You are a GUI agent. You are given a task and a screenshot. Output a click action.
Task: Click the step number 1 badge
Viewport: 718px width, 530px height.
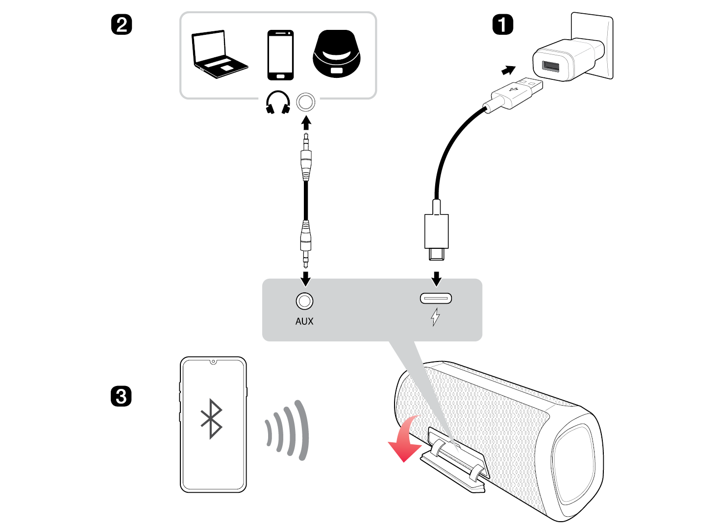pyautogui.click(x=502, y=24)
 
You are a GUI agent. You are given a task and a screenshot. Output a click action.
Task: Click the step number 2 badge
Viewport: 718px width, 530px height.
pyautogui.click(x=122, y=24)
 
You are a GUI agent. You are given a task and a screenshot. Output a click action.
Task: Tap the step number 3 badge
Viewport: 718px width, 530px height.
pyautogui.click(x=121, y=396)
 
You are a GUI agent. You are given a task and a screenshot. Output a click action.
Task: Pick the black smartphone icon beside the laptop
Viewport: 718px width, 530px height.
pyautogui.click(x=280, y=55)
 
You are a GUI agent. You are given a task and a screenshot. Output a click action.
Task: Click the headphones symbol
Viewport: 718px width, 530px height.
pyautogui.click(x=278, y=102)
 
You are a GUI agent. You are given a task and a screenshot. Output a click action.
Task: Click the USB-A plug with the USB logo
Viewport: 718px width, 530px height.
pyautogui.click(x=517, y=93)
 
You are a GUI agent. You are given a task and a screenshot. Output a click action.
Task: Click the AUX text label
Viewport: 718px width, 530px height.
pyautogui.click(x=304, y=321)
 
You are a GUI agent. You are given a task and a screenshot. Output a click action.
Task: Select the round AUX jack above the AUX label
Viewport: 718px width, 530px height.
pyautogui.click(x=304, y=301)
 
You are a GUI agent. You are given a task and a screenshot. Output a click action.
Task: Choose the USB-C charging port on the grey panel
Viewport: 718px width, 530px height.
pyautogui.click(x=436, y=298)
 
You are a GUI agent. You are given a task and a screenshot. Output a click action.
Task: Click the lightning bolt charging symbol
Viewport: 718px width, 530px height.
pyautogui.click(x=435, y=317)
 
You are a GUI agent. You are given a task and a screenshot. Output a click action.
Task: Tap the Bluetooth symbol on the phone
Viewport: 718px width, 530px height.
pyautogui.click(x=212, y=419)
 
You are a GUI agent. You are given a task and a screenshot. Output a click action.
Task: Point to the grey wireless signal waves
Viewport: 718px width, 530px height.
pyautogui.click(x=289, y=430)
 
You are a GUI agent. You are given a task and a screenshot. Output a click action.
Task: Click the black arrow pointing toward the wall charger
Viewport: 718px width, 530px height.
pyautogui.click(x=508, y=71)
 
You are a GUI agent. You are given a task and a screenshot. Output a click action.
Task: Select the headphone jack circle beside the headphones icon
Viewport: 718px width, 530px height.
pyautogui.click(x=306, y=102)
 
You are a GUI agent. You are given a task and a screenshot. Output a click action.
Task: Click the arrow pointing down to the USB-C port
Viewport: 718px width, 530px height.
pyautogui.click(x=436, y=279)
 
